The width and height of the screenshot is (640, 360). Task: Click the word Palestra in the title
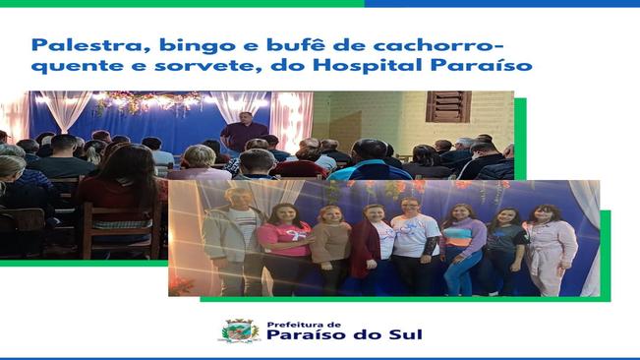67,45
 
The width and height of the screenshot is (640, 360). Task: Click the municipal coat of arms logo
239,330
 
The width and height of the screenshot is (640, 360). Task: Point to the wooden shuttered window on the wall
448,105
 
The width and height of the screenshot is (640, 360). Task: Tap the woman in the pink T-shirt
286,246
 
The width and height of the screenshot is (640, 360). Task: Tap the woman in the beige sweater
331,251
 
